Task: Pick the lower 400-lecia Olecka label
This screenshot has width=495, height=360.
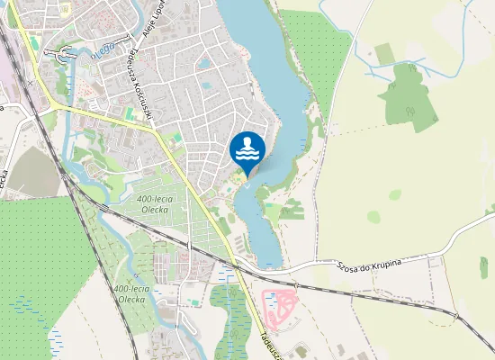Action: click(131, 293)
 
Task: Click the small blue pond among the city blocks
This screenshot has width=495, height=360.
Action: click(204, 64)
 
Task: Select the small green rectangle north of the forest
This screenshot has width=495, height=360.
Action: click(384, 53)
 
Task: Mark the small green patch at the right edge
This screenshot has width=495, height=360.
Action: click(484, 267)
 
